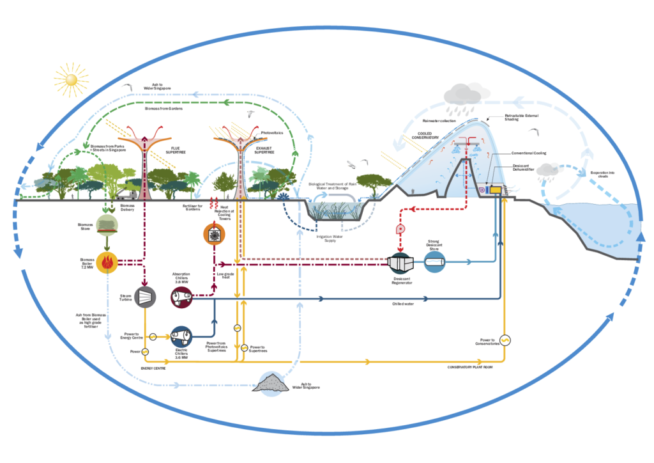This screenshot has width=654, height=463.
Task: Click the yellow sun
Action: coord(70,79)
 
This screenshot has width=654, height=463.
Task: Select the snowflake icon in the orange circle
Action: coord(214,233)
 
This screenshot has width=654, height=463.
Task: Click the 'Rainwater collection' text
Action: coord(441,120)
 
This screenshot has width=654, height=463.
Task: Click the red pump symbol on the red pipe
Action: coord(400,229)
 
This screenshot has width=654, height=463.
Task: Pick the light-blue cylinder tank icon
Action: coord(436,261)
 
